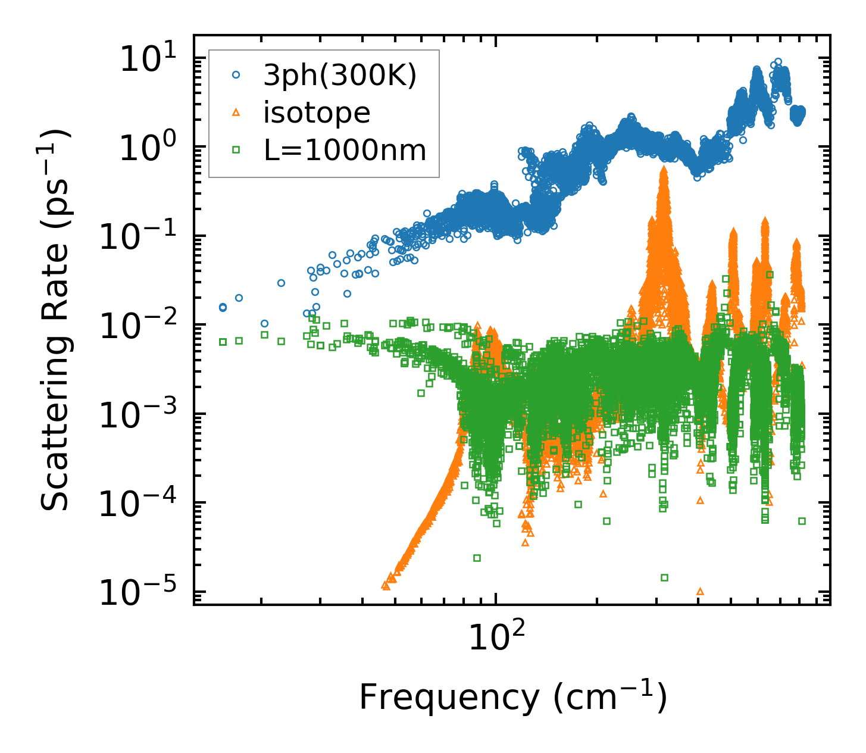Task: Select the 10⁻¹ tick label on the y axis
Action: pyautogui.click(x=142, y=238)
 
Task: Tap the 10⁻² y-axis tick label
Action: pyautogui.click(x=142, y=327)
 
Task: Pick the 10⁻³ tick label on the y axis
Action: pyautogui.click(x=142, y=415)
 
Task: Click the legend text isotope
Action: pyautogui.click(x=317, y=113)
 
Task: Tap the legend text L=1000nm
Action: pyautogui.click(x=345, y=151)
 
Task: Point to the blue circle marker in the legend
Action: pyautogui.click(x=236, y=76)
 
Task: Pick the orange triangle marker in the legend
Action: pyautogui.click(x=236, y=112)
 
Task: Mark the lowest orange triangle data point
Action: pyautogui.click(x=700, y=591)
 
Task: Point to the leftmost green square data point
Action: pyautogui.click(x=223, y=342)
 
